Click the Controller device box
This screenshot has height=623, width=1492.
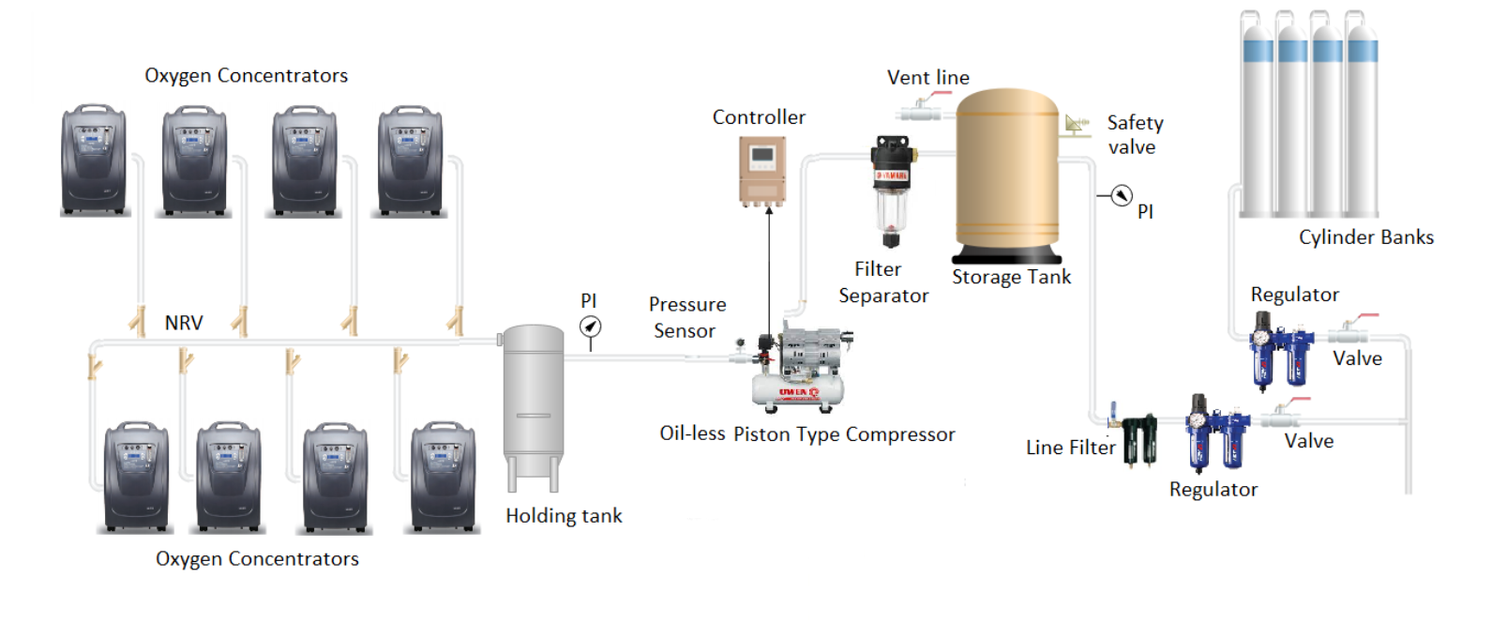tap(761, 171)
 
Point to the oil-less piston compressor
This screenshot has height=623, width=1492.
tap(799, 371)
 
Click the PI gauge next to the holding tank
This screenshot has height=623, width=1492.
tap(590, 327)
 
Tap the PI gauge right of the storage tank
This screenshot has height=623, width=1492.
tap(1121, 196)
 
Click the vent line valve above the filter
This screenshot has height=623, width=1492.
tap(921, 111)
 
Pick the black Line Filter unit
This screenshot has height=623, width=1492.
tap(1140, 438)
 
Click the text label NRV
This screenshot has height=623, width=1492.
tap(184, 323)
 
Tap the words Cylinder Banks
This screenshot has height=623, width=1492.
tap(1365, 237)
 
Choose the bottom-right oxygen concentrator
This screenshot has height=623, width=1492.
tap(445, 477)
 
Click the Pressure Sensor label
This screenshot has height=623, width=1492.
tap(686, 317)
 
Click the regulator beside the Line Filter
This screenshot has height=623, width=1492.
tap(1215, 432)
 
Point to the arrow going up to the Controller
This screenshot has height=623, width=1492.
tap(769, 272)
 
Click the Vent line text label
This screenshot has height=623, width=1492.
tap(927, 78)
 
